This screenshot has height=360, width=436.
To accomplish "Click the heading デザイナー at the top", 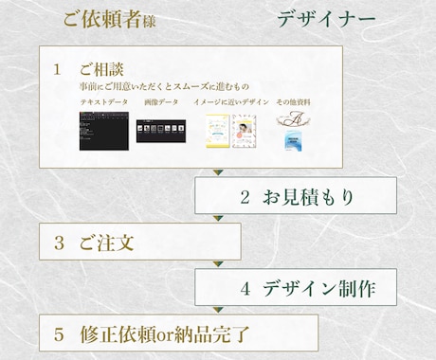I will [x=327, y=20].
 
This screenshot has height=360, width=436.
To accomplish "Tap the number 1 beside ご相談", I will [x=58, y=71].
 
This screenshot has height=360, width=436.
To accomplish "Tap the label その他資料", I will [x=295, y=101].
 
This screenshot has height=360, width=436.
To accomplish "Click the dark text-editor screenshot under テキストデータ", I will [x=102, y=130].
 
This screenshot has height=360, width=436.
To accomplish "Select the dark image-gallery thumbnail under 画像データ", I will [x=159, y=130].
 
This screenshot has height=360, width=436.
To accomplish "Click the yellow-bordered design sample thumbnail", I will [x=220, y=133].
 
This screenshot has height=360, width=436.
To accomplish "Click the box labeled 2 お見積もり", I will [x=295, y=197].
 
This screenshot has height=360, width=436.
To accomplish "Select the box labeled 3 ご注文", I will [x=139, y=243].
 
